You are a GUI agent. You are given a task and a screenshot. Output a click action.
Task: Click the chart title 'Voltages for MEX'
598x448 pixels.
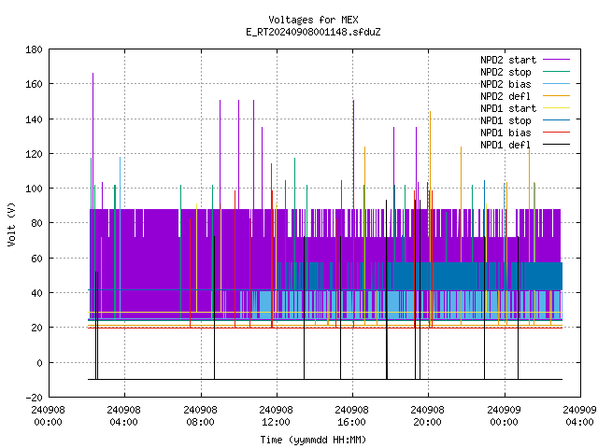click(313, 20)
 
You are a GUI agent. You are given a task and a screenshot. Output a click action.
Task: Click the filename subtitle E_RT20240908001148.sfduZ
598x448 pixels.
click(313, 32)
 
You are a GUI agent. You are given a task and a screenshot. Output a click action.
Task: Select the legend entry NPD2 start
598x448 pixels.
click(508, 60)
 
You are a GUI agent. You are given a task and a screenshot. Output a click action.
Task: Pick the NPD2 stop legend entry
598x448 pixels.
click(505, 72)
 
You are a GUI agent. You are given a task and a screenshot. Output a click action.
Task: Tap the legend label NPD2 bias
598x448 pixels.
click(505, 84)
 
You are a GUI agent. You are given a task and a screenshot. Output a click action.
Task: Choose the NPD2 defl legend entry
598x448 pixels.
click(505, 96)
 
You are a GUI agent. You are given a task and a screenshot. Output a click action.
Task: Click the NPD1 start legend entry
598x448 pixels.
click(508, 108)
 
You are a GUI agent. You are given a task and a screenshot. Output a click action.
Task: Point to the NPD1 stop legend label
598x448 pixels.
click(505, 120)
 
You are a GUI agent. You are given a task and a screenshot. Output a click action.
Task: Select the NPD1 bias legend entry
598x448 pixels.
click(505, 133)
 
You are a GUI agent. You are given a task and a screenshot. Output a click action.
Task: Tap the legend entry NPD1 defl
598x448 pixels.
click(505, 146)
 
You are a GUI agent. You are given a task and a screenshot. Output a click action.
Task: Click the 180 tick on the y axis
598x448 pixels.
click(34, 49)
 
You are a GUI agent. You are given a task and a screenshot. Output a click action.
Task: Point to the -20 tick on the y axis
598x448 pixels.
click(34, 398)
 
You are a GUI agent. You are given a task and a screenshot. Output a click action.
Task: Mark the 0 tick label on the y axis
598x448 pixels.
click(39, 363)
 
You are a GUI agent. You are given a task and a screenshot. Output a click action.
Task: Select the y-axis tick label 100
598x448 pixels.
click(34, 189)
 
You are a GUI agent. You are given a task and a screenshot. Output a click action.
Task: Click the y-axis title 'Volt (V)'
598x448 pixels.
click(12, 224)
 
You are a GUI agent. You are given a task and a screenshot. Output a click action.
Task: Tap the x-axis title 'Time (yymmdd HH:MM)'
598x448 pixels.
click(313, 440)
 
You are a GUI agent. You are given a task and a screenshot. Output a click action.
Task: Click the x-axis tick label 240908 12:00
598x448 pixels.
click(276, 416)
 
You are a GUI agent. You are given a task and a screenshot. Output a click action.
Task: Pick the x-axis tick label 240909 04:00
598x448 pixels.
click(579, 416)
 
